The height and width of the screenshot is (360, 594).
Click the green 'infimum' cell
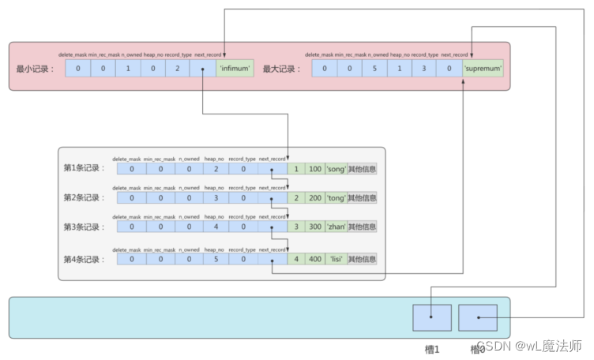(x=235, y=69)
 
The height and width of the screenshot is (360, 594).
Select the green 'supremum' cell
(x=483, y=69)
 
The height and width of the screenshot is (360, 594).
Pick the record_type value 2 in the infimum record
(x=178, y=69)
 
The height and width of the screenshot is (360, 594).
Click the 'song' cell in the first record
(x=334, y=168)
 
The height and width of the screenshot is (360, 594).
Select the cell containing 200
(x=314, y=197)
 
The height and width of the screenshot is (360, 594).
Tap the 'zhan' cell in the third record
(x=334, y=227)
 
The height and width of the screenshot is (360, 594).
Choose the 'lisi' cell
(x=335, y=259)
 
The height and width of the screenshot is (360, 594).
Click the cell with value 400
(x=314, y=259)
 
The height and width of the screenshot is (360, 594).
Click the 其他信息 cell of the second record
(x=363, y=197)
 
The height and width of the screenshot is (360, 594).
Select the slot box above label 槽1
(x=431, y=317)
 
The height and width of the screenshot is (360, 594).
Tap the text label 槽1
(x=431, y=347)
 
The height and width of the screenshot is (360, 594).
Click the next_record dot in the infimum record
(x=204, y=69)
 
